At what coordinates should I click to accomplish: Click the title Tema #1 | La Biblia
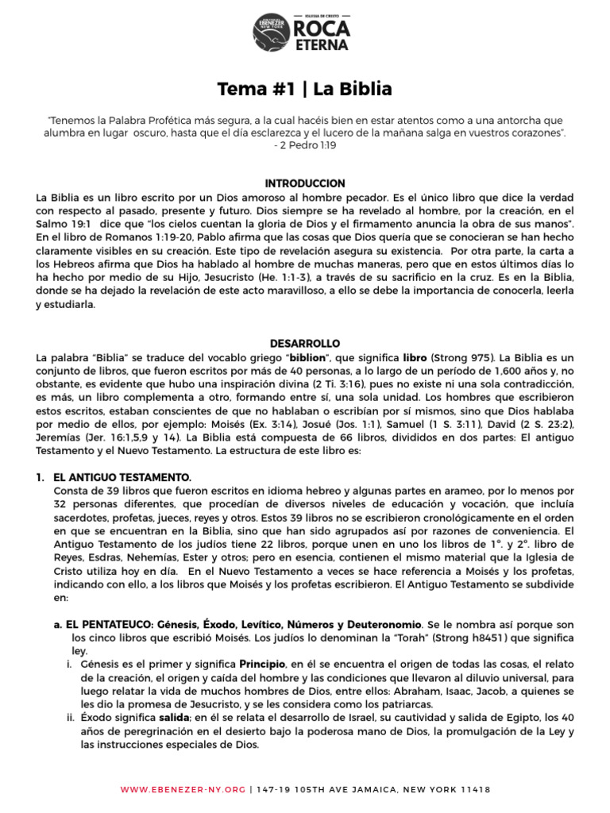305,88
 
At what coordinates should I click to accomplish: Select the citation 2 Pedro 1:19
304,147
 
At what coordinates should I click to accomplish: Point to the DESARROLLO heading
305,343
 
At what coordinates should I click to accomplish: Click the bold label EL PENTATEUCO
109,625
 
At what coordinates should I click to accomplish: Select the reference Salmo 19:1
63,223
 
